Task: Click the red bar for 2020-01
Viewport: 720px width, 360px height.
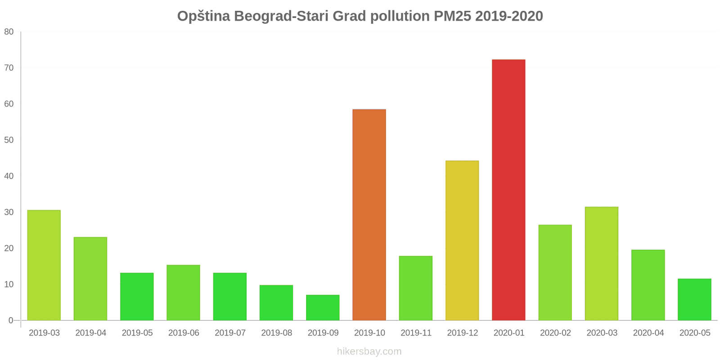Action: click(508, 190)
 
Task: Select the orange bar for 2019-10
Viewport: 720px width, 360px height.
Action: click(369, 215)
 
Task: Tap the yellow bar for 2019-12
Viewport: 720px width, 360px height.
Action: click(462, 241)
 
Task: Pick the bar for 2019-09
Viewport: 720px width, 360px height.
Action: click(323, 308)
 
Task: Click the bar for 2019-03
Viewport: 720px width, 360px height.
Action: click(44, 265)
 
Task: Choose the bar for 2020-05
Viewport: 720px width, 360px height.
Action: click(694, 300)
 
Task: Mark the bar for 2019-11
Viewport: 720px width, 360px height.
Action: click(415, 288)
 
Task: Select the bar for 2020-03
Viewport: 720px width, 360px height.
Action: click(602, 264)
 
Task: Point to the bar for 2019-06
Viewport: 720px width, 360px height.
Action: click(183, 293)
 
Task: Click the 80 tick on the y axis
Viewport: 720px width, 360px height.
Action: click(9, 32)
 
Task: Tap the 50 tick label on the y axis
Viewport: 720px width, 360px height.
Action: click(9, 140)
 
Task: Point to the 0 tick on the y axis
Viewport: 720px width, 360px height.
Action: click(11, 320)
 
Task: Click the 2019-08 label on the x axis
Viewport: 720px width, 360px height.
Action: click(276, 333)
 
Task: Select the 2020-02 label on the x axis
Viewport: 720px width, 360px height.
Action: click(555, 333)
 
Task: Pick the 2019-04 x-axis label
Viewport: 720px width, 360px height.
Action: click(90, 333)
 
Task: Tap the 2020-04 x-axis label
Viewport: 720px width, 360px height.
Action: click(648, 333)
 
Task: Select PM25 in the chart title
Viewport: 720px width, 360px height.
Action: click(452, 16)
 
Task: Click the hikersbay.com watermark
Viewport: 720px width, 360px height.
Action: click(369, 351)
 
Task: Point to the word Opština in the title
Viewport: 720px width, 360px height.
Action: click(203, 16)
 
